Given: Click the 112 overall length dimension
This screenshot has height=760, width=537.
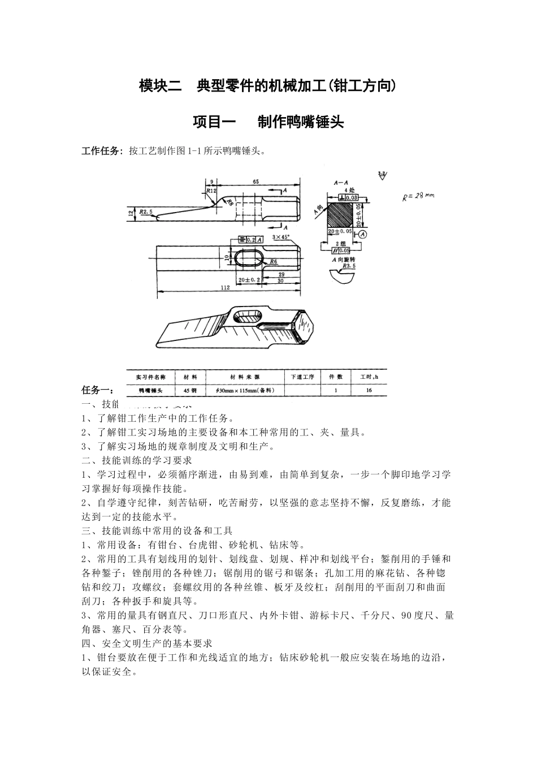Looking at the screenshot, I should (x=224, y=288).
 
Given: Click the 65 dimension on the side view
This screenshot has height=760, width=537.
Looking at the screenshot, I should (x=255, y=182).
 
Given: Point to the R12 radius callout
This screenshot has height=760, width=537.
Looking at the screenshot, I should (x=211, y=192).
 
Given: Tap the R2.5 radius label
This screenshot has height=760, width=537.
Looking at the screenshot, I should (x=146, y=211).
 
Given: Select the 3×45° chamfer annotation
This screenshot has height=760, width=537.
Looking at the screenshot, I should (x=280, y=236).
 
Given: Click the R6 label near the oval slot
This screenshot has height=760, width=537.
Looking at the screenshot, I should (x=273, y=261).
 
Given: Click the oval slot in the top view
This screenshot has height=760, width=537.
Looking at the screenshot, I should (x=249, y=257).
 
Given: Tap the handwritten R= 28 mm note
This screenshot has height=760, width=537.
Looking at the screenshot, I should (x=418, y=196).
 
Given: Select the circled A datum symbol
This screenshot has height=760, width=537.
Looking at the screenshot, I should (x=362, y=233).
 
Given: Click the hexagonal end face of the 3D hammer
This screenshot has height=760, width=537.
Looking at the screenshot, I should (x=305, y=329).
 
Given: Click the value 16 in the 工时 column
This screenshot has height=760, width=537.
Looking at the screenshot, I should (x=369, y=390).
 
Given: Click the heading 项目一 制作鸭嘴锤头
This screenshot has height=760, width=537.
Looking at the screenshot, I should (x=268, y=122).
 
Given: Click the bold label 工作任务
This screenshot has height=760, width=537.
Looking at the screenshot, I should (x=101, y=151).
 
